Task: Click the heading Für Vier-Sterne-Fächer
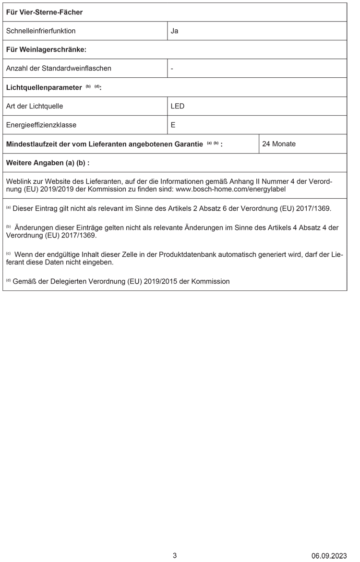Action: [44, 12]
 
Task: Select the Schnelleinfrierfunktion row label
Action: [41, 31]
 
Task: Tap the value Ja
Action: [175, 31]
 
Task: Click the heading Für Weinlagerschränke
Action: [46, 49]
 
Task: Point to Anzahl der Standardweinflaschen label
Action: [59, 68]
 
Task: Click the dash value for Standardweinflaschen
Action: [172, 68]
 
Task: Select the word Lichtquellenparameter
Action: [44, 87]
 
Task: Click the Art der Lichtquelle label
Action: [35, 106]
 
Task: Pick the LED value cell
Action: [178, 106]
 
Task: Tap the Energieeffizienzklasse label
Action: [41, 125]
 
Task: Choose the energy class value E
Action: [173, 125]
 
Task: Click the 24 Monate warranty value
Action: [279, 144]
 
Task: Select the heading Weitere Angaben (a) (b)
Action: [48, 163]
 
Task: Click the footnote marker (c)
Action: [8, 253]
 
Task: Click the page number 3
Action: [175, 555]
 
